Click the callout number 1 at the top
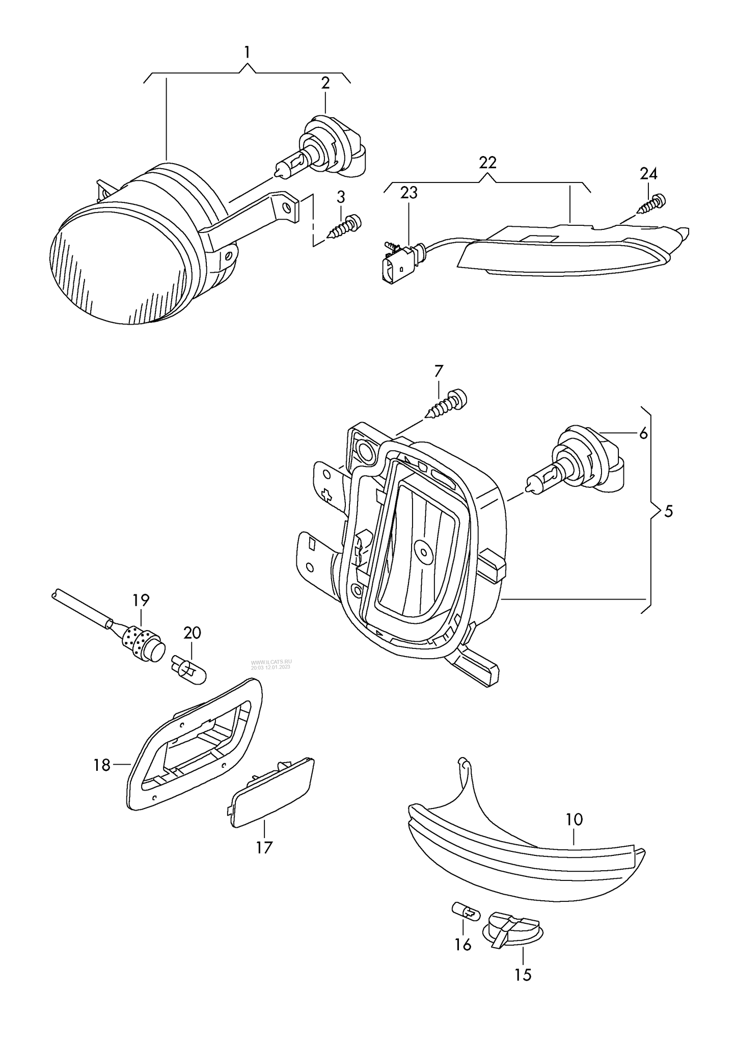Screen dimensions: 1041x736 click(x=247, y=52)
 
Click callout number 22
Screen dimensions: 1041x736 click(x=487, y=163)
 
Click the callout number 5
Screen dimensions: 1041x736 click(x=668, y=511)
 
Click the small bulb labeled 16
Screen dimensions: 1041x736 click(x=466, y=910)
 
